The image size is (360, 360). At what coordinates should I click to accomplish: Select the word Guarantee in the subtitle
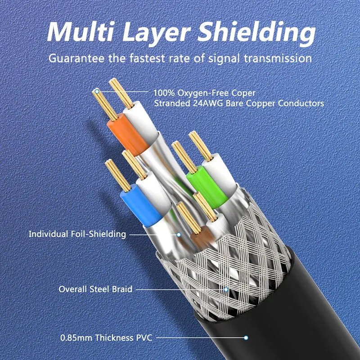pos(76,58)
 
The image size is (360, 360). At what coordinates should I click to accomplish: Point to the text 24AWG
pos(208,103)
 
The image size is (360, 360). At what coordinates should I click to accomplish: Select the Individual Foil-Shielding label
pos(77,234)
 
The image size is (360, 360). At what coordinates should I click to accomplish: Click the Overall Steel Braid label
pos(95,289)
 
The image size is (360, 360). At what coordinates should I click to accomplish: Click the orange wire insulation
pos(128,135)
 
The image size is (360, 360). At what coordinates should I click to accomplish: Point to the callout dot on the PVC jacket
pos(246,338)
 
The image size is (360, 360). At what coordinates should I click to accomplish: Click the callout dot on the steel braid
pos(226,289)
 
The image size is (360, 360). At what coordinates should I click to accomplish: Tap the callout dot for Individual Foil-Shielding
pos(179,234)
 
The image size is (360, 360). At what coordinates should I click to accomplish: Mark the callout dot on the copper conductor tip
pos(97,92)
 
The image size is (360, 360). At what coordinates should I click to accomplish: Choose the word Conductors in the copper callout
pos(301,103)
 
